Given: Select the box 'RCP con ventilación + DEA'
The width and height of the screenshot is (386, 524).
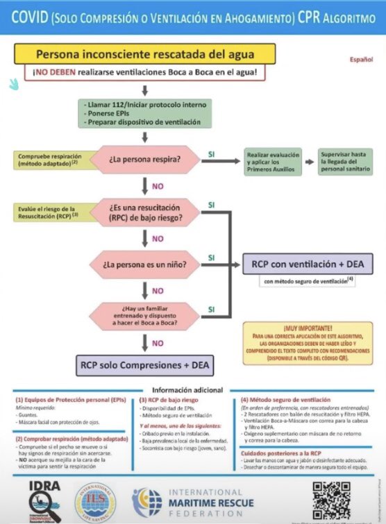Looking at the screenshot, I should click(308, 264).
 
